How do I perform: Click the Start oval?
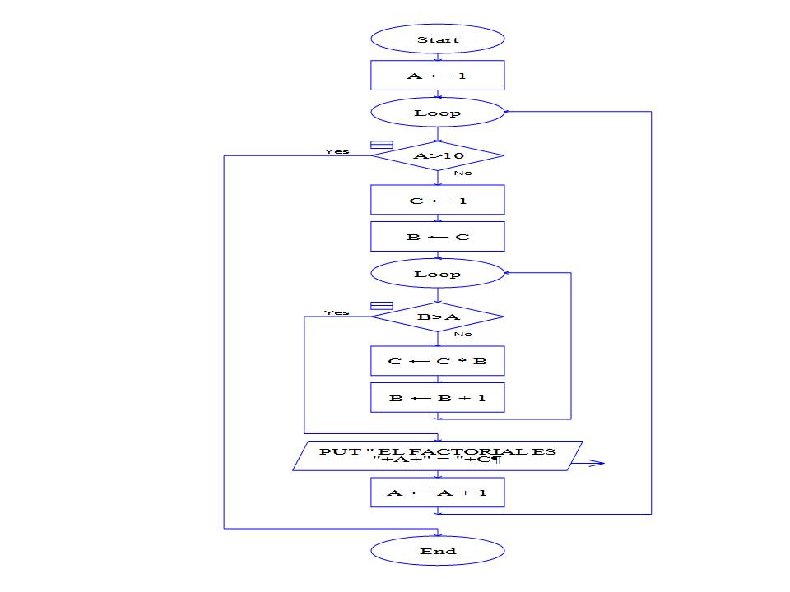click(x=437, y=39)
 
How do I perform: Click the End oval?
click(x=437, y=551)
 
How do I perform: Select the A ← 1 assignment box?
click(x=437, y=76)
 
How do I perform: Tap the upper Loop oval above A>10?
click(x=437, y=113)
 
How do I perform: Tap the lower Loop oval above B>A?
click(x=437, y=274)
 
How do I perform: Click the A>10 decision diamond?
click(x=437, y=155)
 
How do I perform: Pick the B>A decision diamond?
click(x=437, y=317)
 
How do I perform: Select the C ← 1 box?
click(x=437, y=200)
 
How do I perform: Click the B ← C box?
click(x=437, y=237)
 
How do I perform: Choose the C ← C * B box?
click(x=437, y=361)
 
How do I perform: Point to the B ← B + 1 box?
click(x=437, y=398)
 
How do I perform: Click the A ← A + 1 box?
click(x=437, y=493)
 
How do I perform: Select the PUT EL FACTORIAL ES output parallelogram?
click(x=437, y=456)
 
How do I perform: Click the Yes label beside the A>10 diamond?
click(x=337, y=151)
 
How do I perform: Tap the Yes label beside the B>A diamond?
click(x=337, y=312)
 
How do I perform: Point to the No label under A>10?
click(x=462, y=173)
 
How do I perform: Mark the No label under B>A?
click(x=462, y=334)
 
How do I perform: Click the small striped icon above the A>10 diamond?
click(x=382, y=145)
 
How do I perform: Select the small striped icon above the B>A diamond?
click(x=382, y=306)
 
